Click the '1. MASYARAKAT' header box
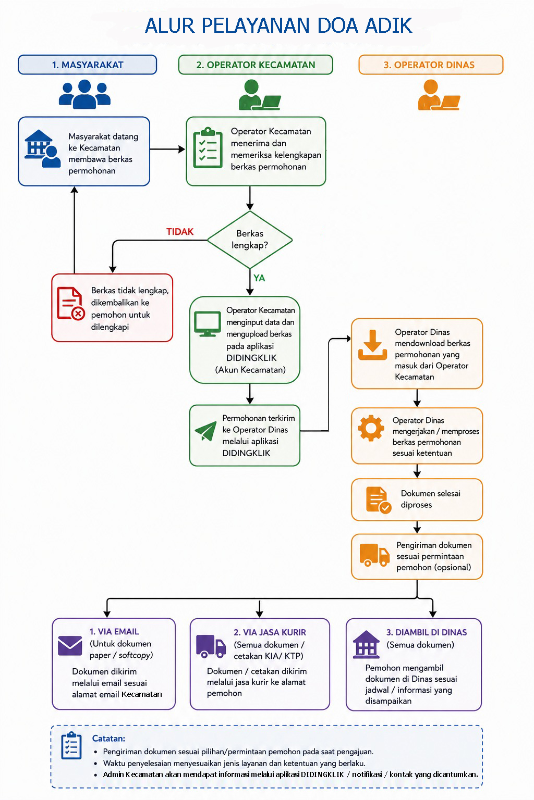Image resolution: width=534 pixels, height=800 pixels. click(x=87, y=65)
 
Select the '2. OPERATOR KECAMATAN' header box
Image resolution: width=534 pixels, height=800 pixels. click(x=256, y=65)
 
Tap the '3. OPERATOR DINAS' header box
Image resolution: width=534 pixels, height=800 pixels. click(x=431, y=65)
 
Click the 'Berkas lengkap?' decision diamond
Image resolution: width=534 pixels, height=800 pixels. click(x=250, y=240)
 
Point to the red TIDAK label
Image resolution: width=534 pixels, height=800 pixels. click(x=179, y=232)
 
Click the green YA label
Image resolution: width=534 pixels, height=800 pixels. click(x=259, y=278)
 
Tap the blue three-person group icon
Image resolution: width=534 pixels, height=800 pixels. click(x=84, y=94)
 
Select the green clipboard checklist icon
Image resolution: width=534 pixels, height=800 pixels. click(x=208, y=147)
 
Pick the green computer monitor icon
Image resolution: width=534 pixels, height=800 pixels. click(x=207, y=324)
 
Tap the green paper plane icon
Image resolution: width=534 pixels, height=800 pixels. click(x=205, y=431)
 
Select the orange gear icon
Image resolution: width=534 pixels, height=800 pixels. click(x=371, y=428)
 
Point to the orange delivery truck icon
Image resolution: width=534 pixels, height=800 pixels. click(x=374, y=555)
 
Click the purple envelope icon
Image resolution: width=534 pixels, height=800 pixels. click(x=70, y=646)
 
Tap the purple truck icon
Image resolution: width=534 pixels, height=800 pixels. click(x=211, y=646)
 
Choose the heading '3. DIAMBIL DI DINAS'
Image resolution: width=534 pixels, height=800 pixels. click(x=427, y=632)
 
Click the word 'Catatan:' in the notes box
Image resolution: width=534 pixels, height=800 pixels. click(x=109, y=738)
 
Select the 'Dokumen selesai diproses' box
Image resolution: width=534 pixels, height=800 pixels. click(x=417, y=499)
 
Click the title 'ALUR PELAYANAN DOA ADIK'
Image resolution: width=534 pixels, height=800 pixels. click(x=278, y=26)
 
